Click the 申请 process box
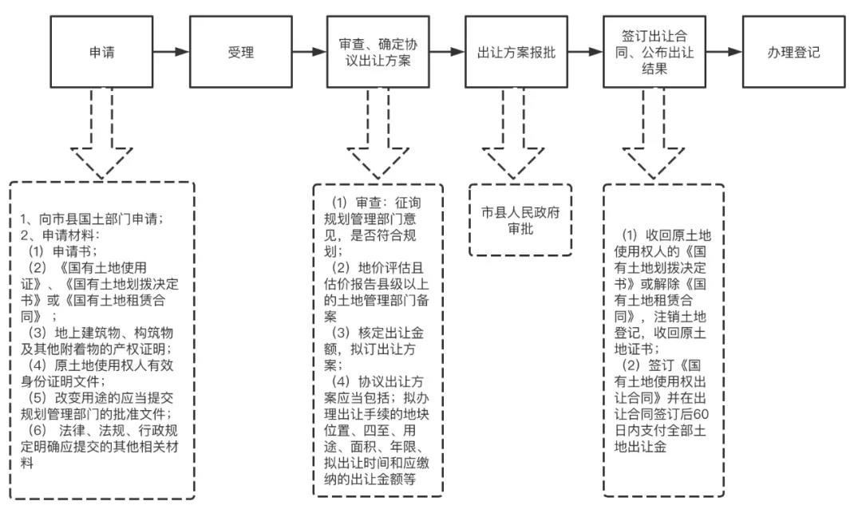(101, 53)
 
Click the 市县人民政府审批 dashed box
(520, 220)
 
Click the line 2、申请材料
(60, 235)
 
